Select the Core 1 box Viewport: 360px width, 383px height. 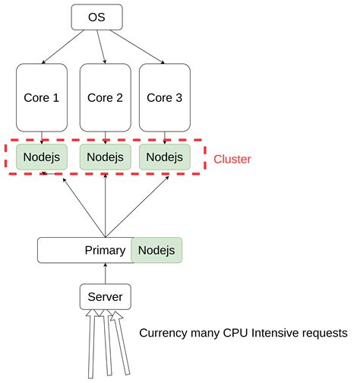point(42,97)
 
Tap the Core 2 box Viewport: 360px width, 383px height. point(104,97)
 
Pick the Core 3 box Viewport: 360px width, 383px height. point(164,97)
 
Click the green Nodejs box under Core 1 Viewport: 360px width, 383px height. point(42,157)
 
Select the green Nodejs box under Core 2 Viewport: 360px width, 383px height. point(104,157)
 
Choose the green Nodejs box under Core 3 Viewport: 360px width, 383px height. point(164,157)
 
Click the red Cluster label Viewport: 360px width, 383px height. point(232,160)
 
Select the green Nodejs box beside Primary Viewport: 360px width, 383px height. point(156,249)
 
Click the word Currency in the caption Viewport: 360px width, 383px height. point(163,334)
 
